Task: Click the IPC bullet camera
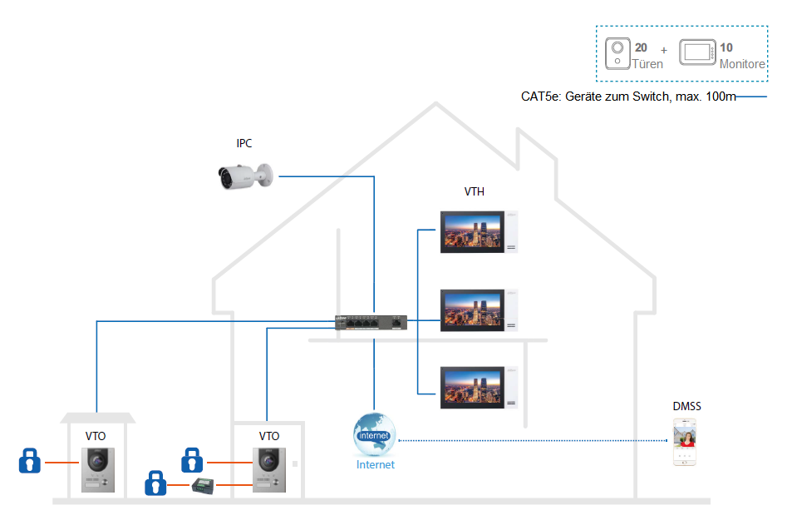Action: pyautogui.click(x=244, y=176)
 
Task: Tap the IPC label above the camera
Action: pyautogui.click(x=244, y=144)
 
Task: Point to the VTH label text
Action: pyautogui.click(x=475, y=192)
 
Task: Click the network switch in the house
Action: pyautogui.click(x=371, y=321)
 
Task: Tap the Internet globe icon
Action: pyautogui.click(x=374, y=433)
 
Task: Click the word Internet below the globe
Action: pyautogui.click(x=376, y=465)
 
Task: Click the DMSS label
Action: pyautogui.click(x=687, y=407)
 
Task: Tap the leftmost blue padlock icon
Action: pyautogui.click(x=30, y=460)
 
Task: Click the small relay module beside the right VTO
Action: pyautogui.click(x=204, y=484)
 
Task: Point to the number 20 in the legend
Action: pyautogui.click(x=642, y=48)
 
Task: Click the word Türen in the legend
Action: pyautogui.click(x=648, y=64)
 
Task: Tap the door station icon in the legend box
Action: pyautogui.click(x=617, y=54)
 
